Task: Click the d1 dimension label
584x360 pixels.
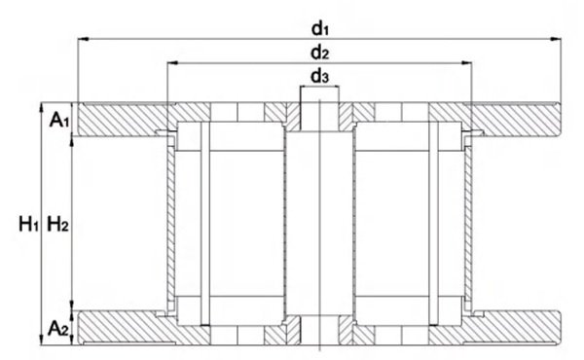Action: coord(320,28)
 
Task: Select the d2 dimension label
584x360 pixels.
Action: coord(320,53)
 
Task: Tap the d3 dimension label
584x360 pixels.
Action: coord(320,77)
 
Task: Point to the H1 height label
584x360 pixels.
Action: coord(28,225)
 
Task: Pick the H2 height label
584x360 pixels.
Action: coord(57,225)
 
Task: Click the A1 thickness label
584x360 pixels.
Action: coord(59,120)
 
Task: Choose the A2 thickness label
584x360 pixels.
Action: coord(59,328)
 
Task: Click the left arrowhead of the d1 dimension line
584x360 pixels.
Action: coord(83,38)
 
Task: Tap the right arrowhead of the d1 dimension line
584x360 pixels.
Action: coord(556,38)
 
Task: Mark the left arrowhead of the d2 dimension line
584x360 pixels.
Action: coord(173,63)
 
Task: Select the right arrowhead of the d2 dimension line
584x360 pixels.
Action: coord(466,63)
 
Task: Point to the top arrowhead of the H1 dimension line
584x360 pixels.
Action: coord(40,108)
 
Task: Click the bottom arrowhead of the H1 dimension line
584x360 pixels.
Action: coord(40,340)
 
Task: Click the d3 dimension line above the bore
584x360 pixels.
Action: coord(320,87)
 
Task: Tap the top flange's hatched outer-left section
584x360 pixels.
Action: coord(123,119)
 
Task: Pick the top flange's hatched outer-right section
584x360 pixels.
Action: coord(516,119)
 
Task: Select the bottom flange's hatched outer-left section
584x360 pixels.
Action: coord(123,327)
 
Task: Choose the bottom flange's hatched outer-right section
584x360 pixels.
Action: coord(516,327)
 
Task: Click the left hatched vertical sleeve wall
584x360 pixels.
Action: coord(171,224)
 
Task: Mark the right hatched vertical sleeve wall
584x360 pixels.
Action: coord(468,224)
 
